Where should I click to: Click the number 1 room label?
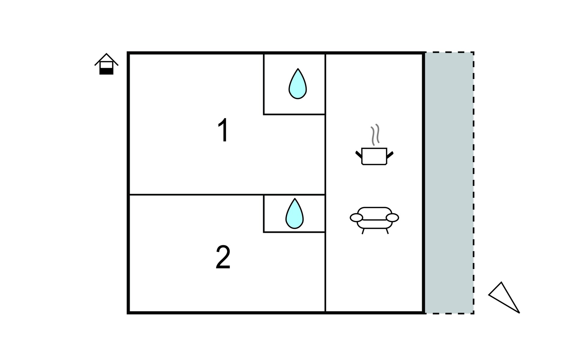[x=223, y=130]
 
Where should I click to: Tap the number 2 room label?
[x=223, y=257]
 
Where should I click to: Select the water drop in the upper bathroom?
[x=298, y=84]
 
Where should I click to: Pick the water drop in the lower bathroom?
[x=295, y=213]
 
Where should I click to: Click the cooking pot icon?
[x=374, y=156]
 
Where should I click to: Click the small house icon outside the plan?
[x=106, y=64]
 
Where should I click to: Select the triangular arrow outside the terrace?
[x=504, y=297]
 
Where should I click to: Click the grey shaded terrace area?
[x=449, y=183]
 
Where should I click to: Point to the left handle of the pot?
[x=359, y=155]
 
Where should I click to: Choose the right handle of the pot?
[x=390, y=155]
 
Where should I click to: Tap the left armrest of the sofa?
[x=356, y=218]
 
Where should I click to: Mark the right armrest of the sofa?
[x=392, y=218]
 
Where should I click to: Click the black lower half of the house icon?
[x=106, y=71]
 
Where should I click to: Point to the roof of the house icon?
[x=106, y=59]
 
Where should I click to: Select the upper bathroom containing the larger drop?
[x=294, y=84]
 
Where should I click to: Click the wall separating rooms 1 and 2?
[x=227, y=195]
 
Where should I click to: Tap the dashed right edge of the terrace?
[x=473, y=183]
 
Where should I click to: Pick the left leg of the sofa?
[x=363, y=231]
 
